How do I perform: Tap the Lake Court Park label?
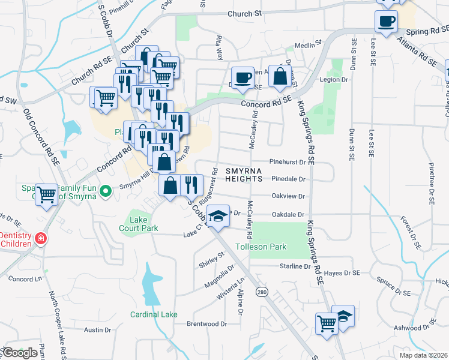(139, 224)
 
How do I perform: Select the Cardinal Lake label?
(154, 314)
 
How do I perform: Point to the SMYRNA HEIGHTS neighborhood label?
(244, 175)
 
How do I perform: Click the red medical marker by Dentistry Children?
(40, 239)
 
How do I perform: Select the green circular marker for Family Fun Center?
(106, 192)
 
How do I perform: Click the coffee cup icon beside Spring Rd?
(385, 22)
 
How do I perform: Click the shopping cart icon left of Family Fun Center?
(46, 194)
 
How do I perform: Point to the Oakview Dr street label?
(289, 196)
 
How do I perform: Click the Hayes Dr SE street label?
(342, 273)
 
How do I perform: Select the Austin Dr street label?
(98, 330)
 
